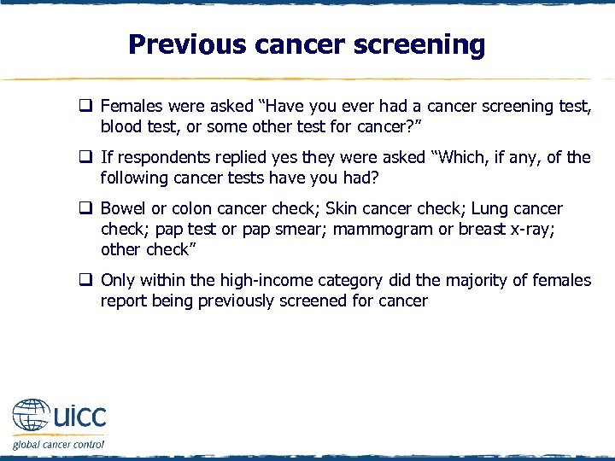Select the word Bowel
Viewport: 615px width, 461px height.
pos(123,208)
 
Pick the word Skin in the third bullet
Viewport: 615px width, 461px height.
pos(343,208)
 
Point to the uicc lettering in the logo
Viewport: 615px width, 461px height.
pos(79,417)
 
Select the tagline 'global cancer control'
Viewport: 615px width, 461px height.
pos(58,444)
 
